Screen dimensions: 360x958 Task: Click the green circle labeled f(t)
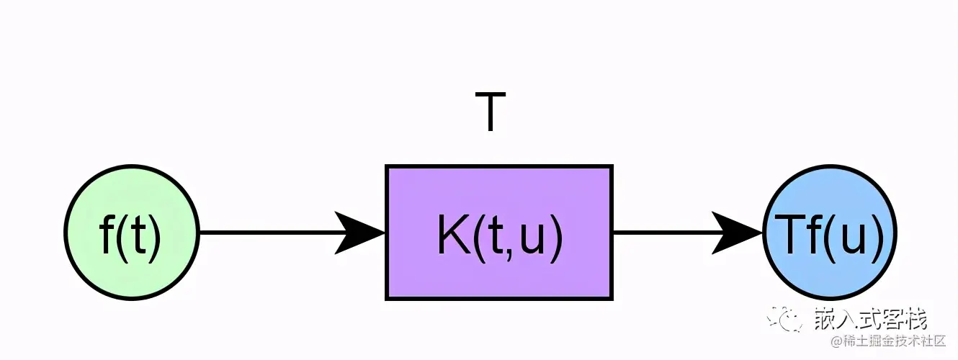click(x=131, y=233)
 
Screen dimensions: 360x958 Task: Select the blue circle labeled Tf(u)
click(x=829, y=233)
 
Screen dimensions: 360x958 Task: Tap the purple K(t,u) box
click(x=499, y=232)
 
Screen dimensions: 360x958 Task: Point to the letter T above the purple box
click(x=490, y=113)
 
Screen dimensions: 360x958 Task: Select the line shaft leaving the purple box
click(x=663, y=233)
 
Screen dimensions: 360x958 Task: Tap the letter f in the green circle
click(x=107, y=235)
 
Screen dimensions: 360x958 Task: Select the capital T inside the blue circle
click(x=784, y=235)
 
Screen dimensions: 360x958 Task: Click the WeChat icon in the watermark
click(x=787, y=318)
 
